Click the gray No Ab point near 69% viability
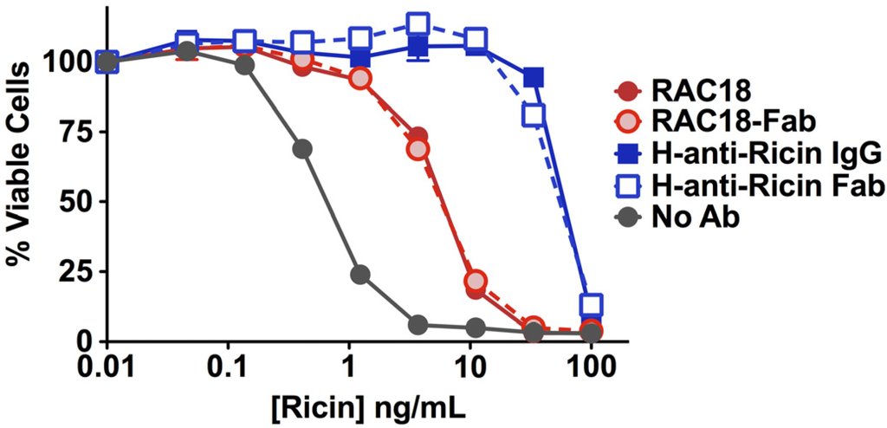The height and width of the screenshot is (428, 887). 302,149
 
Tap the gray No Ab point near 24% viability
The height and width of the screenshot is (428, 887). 360,274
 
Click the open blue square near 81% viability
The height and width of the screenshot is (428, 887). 534,114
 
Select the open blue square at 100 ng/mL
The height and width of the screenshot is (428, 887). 592,305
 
